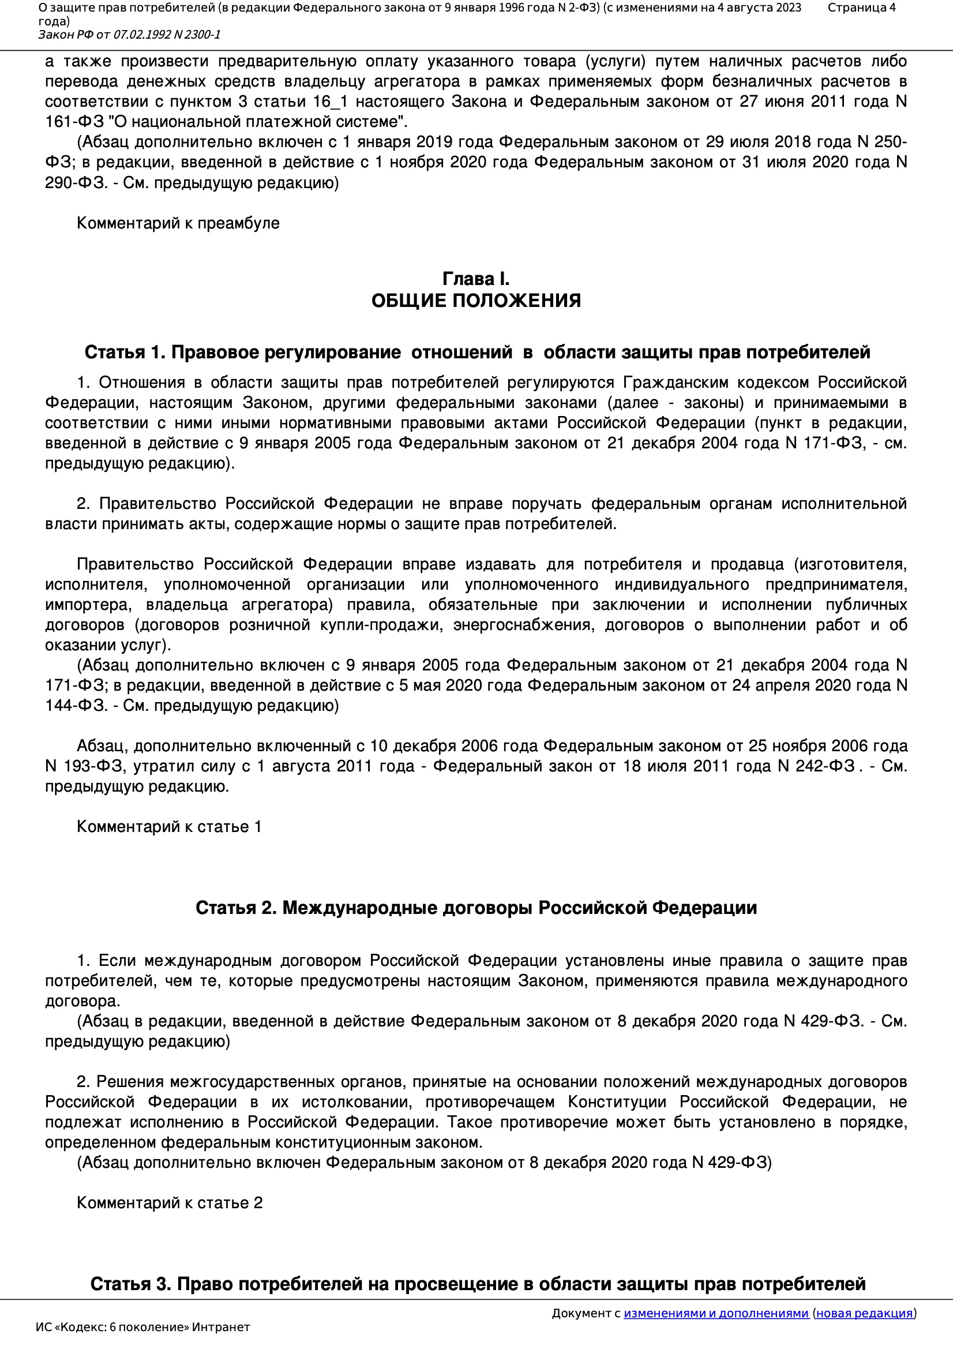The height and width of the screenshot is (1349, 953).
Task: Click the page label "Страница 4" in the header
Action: [861, 8]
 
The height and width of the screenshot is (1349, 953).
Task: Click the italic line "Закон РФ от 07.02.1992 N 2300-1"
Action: [129, 35]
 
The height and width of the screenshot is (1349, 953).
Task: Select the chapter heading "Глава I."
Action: [476, 279]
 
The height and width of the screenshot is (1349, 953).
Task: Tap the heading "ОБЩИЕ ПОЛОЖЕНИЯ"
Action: [476, 301]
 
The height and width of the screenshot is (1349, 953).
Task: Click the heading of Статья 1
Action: [477, 352]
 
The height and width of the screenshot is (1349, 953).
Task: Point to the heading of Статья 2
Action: [476, 908]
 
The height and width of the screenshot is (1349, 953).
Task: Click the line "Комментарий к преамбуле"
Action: [178, 223]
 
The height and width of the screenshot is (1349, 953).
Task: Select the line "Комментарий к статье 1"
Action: [169, 827]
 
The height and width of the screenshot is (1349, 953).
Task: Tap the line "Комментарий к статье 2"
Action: [170, 1202]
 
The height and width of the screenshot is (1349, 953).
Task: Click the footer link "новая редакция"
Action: [864, 1313]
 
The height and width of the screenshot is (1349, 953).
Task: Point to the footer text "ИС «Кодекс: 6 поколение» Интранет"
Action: [142, 1327]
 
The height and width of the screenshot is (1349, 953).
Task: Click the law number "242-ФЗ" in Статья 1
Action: [824, 766]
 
